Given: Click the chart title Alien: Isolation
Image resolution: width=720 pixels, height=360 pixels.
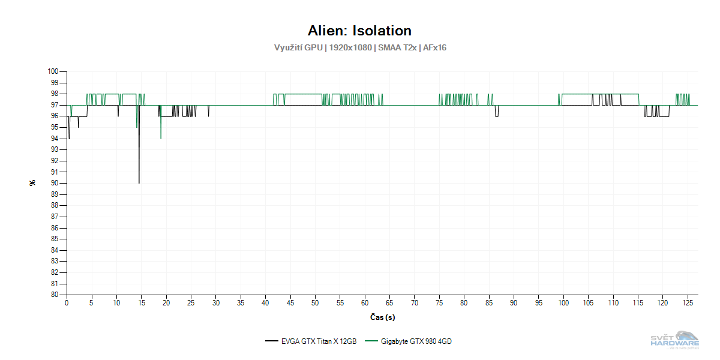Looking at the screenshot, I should click(359, 31).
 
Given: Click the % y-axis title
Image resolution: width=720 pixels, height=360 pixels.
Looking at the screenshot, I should click(32, 183).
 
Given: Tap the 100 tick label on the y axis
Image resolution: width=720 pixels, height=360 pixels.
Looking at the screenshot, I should click(53, 71).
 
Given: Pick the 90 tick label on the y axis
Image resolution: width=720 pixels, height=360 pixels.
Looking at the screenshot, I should click(54, 183).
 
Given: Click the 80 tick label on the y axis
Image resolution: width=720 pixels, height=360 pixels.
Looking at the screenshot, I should click(54, 295).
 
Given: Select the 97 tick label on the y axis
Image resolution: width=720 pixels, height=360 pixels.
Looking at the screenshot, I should click(54, 105).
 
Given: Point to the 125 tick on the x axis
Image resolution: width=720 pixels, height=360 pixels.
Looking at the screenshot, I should click(688, 303).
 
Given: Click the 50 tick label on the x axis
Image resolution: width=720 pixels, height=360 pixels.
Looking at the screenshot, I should click(315, 303).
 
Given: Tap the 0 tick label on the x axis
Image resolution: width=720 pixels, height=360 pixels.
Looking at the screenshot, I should click(67, 303).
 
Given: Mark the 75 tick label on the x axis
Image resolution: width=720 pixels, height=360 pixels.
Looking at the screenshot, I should click(439, 303).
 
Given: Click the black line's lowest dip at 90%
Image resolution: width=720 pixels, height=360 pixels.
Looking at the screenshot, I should click(139, 182).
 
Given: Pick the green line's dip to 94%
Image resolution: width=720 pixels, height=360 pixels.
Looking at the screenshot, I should click(161, 138).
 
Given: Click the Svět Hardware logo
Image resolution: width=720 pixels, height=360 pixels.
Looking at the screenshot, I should click(674, 340).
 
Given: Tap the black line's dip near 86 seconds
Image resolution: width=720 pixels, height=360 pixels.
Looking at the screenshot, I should click(496, 116).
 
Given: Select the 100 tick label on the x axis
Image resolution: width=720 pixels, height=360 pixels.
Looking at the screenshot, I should click(563, 303).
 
